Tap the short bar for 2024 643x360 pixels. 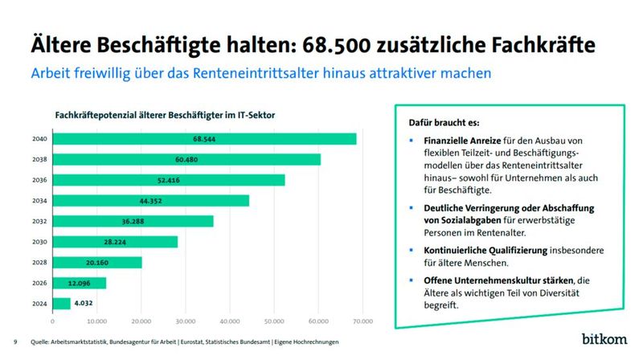61,303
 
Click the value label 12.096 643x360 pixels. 79,283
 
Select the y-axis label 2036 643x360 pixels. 39,180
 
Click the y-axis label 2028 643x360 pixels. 39,262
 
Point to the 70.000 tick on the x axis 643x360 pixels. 363,321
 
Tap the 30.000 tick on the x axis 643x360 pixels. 186,321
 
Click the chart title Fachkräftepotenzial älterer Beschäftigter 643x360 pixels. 165,115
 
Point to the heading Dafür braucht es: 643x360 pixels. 438,123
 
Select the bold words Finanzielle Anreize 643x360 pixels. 463,140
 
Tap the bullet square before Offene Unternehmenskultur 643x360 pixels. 411,280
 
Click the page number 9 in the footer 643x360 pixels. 16,342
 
